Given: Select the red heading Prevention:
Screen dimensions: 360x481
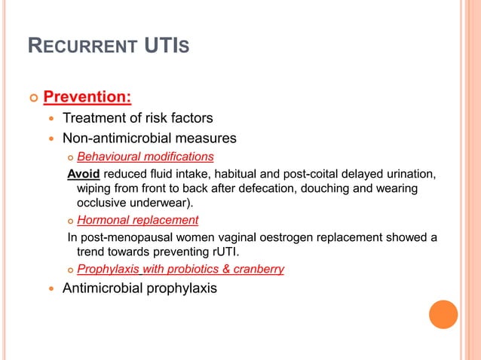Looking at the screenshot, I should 87,98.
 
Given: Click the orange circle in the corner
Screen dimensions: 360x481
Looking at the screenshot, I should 443,314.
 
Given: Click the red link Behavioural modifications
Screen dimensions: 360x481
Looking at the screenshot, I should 146,157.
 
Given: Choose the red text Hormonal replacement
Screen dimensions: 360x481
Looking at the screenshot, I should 138,220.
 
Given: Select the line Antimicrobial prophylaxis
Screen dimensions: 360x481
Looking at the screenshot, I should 139,288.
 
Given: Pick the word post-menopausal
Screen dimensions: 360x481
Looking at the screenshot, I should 124,238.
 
